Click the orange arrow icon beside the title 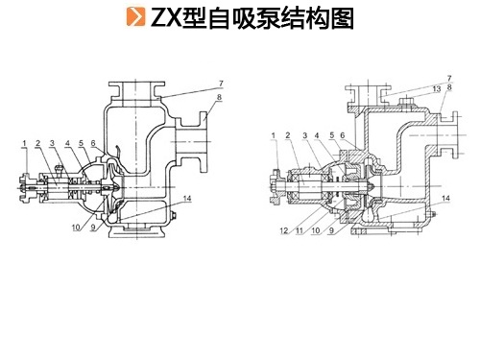click(x=135, y=16)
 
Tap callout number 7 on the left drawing click(x=221, y=84)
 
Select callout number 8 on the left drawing click(x=219, y=97)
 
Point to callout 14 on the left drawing click(x=187, y=199)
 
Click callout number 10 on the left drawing click(x=76, y=228)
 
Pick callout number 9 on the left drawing click(x=93, y=228)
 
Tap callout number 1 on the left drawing click(x=25, y=143)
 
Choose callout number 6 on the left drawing click(x=93, y=143)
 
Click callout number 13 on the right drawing click(x=437, y=89)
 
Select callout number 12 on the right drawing click(x=284, y=230)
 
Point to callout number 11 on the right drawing click(x=300, y=230)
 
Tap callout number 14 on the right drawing click(x=445, y=199)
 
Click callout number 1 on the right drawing click(x=274, y=135)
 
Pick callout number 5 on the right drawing click(x=332, y=135)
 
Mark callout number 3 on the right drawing click(x=304, y=135)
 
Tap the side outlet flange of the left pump click(x=204, y=142)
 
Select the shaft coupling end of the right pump click(x=276, y=186)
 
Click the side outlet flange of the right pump click(x=454, y=135)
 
